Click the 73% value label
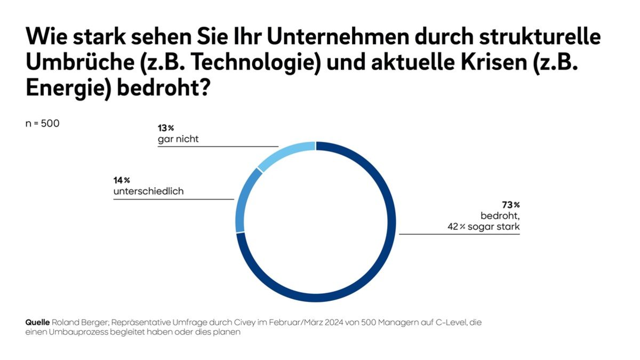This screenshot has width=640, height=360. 510,205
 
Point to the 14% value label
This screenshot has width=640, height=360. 122,180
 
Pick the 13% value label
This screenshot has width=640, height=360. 166,128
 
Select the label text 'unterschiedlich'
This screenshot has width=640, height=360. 148,191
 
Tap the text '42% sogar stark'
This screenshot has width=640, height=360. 483,227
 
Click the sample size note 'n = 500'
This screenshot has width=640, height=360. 43,123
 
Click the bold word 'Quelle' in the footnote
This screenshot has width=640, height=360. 37,323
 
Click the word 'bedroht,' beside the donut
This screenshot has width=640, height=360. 500,216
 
